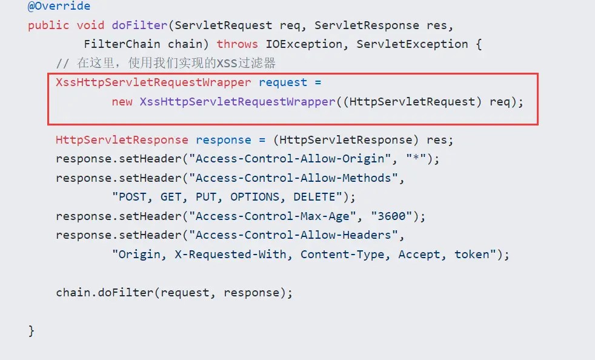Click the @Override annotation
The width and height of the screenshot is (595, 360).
(59, 6)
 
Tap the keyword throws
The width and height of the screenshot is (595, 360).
(237, 44)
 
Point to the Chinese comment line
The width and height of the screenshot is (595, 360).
(165, 63)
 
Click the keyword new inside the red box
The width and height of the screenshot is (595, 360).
(122, 102)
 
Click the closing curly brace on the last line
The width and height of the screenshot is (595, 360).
(31, 331)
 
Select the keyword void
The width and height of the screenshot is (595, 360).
(90, 25)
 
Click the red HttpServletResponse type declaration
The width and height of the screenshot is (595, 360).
(122, 140)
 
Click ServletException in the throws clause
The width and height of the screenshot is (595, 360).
(412, 44)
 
